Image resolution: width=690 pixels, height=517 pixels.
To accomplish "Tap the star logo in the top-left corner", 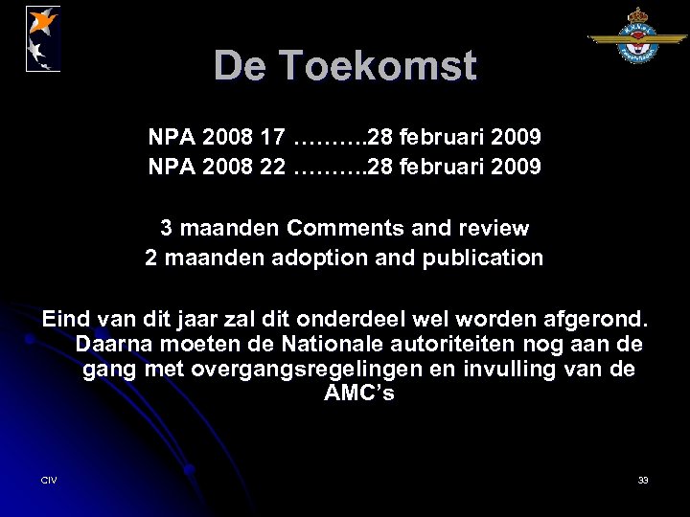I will tap(43, 37).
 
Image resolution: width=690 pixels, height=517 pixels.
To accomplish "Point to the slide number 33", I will tap(643, 479).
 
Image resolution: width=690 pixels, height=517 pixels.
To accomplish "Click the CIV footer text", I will tap(49, 479).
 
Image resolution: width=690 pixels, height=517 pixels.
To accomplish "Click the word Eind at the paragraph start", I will tap(64, 318).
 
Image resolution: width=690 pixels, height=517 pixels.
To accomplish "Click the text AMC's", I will tap(358, 393).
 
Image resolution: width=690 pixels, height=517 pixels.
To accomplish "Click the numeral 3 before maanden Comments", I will tap(166, 229).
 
